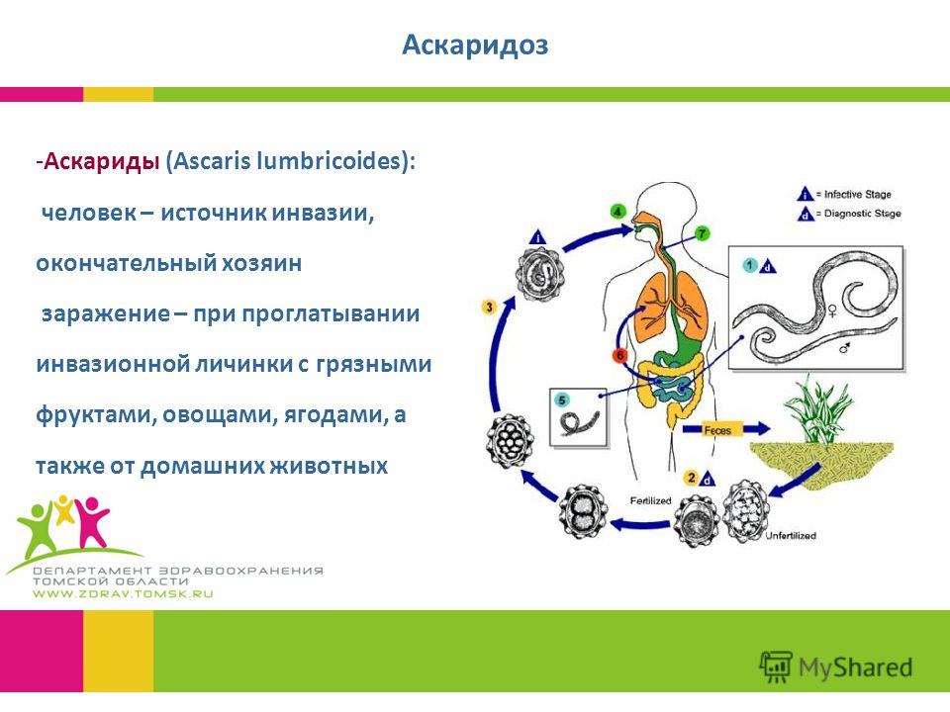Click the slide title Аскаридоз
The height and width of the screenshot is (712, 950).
(x=475, y=44)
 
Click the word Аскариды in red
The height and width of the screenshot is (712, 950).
(x=102, y=161)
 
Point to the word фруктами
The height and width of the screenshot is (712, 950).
(x=95, y=415)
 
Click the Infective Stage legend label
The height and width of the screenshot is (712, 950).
(x=857, y=195)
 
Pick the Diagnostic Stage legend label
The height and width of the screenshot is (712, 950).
(x=862, y=214)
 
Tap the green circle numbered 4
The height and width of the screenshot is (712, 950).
(x=617, y=212)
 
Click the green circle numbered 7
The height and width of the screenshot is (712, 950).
(x=702, y=233)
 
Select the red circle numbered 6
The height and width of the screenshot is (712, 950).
(x=619, y=355)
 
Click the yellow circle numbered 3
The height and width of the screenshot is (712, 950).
(x=488, y=307)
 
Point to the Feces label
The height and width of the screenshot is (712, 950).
(x=717, y=430)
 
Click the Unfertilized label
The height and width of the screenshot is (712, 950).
(x=790, y=536)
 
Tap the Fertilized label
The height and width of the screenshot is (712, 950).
(x=651, y=500)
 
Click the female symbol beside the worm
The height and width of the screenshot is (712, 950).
(x=832, y=311)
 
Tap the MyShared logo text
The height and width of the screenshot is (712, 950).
(x=855, y=667)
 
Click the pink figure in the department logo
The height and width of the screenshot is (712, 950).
(x=91, y=521)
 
